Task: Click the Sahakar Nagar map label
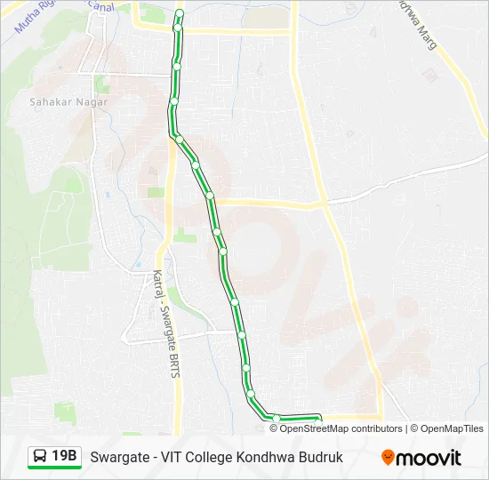pyautogui.click(x=81, y=102)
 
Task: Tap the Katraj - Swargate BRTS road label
pyautogui.click(x=165, y=324)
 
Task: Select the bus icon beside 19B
pyautogui.click(x=41, y=457)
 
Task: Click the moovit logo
pyautogui.click(x=421, y=458)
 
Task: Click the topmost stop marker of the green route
pyautogui.click(x=180, y=13)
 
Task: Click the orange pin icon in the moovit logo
pyautogui.click(x=388, y=457)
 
